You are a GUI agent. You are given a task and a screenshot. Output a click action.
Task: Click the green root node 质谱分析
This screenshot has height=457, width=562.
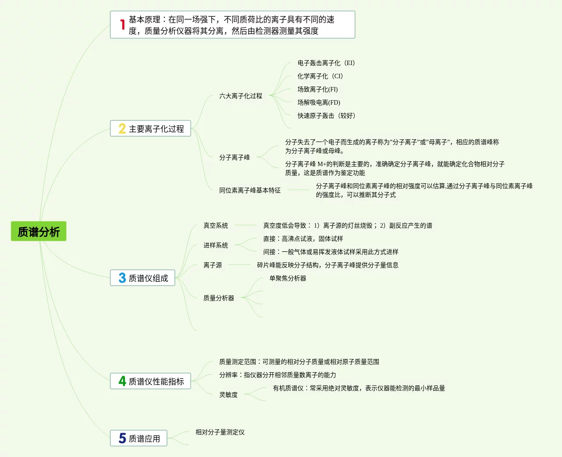(39, 232)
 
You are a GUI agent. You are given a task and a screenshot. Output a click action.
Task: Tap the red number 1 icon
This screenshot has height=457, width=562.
(123, 25)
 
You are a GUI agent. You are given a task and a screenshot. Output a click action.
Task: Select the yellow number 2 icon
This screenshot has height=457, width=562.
(122, 129)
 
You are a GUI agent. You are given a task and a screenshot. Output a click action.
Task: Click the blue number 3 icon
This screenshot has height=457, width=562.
(122, 278)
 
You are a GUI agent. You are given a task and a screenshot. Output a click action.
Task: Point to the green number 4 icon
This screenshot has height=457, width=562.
(122, 381)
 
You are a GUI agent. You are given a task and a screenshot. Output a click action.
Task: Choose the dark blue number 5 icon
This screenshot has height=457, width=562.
(122, 438)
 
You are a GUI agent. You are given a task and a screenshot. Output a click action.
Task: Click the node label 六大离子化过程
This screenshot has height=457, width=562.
(241, 96)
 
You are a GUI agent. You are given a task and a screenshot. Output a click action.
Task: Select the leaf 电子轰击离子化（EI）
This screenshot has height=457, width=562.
(326, 63)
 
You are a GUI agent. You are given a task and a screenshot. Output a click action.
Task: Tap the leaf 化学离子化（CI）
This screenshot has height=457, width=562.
(320, 76)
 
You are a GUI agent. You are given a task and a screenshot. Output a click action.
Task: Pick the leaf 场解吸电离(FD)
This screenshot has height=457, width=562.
(319, 102)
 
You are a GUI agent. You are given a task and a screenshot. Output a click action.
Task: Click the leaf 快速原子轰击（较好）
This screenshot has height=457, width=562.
(326, 116)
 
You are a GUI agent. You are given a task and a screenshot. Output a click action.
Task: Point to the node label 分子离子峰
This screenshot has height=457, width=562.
(235, 157)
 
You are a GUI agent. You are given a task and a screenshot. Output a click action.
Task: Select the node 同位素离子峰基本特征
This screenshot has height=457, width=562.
(250, 190)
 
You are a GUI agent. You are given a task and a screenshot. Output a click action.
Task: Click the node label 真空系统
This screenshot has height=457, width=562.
(216, 225)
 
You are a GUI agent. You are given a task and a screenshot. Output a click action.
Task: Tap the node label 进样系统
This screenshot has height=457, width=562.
(216, 245)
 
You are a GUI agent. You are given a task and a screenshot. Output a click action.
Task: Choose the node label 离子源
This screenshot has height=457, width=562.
(213, 265)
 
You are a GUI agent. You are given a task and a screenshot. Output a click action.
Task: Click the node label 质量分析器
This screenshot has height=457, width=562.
(219, 298)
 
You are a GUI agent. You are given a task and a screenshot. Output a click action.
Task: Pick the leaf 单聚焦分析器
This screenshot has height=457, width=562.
(288, 278)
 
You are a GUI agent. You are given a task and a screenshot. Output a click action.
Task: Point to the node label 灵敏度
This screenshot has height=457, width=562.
(228, 395)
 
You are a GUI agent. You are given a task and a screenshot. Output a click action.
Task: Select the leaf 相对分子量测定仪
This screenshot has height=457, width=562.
(220, 432)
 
